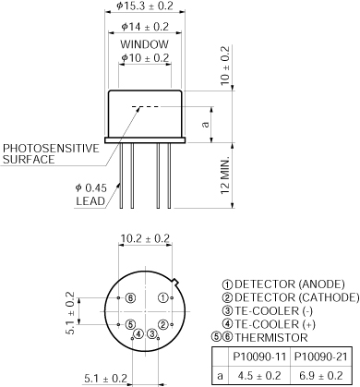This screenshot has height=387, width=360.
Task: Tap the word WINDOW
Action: pyautogui.click(x=144, y=44)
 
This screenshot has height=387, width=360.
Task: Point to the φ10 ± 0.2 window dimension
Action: pyautogui.click(x=146, y=58)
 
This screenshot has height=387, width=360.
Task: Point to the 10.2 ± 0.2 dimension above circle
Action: pyautogui.click(x=146, y=238)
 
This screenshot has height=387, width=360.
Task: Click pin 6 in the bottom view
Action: pyautogui.click(x=130, y=297)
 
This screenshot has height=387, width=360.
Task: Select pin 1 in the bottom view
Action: pyautogui.click(x=162, y=297)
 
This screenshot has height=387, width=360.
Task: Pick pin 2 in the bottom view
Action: pyautogui.click(x=162, y=324)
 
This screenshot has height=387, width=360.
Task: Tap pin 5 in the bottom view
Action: pyautogui.click(x=130, y=324)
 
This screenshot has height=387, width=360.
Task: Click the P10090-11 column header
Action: pyautogui.click(x=259, y=358)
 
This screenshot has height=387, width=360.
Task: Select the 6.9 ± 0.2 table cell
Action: pyautogui.click(x=319, y=376)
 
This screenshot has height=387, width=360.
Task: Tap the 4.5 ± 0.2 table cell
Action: pyautogui.click(x=259, y=376)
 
